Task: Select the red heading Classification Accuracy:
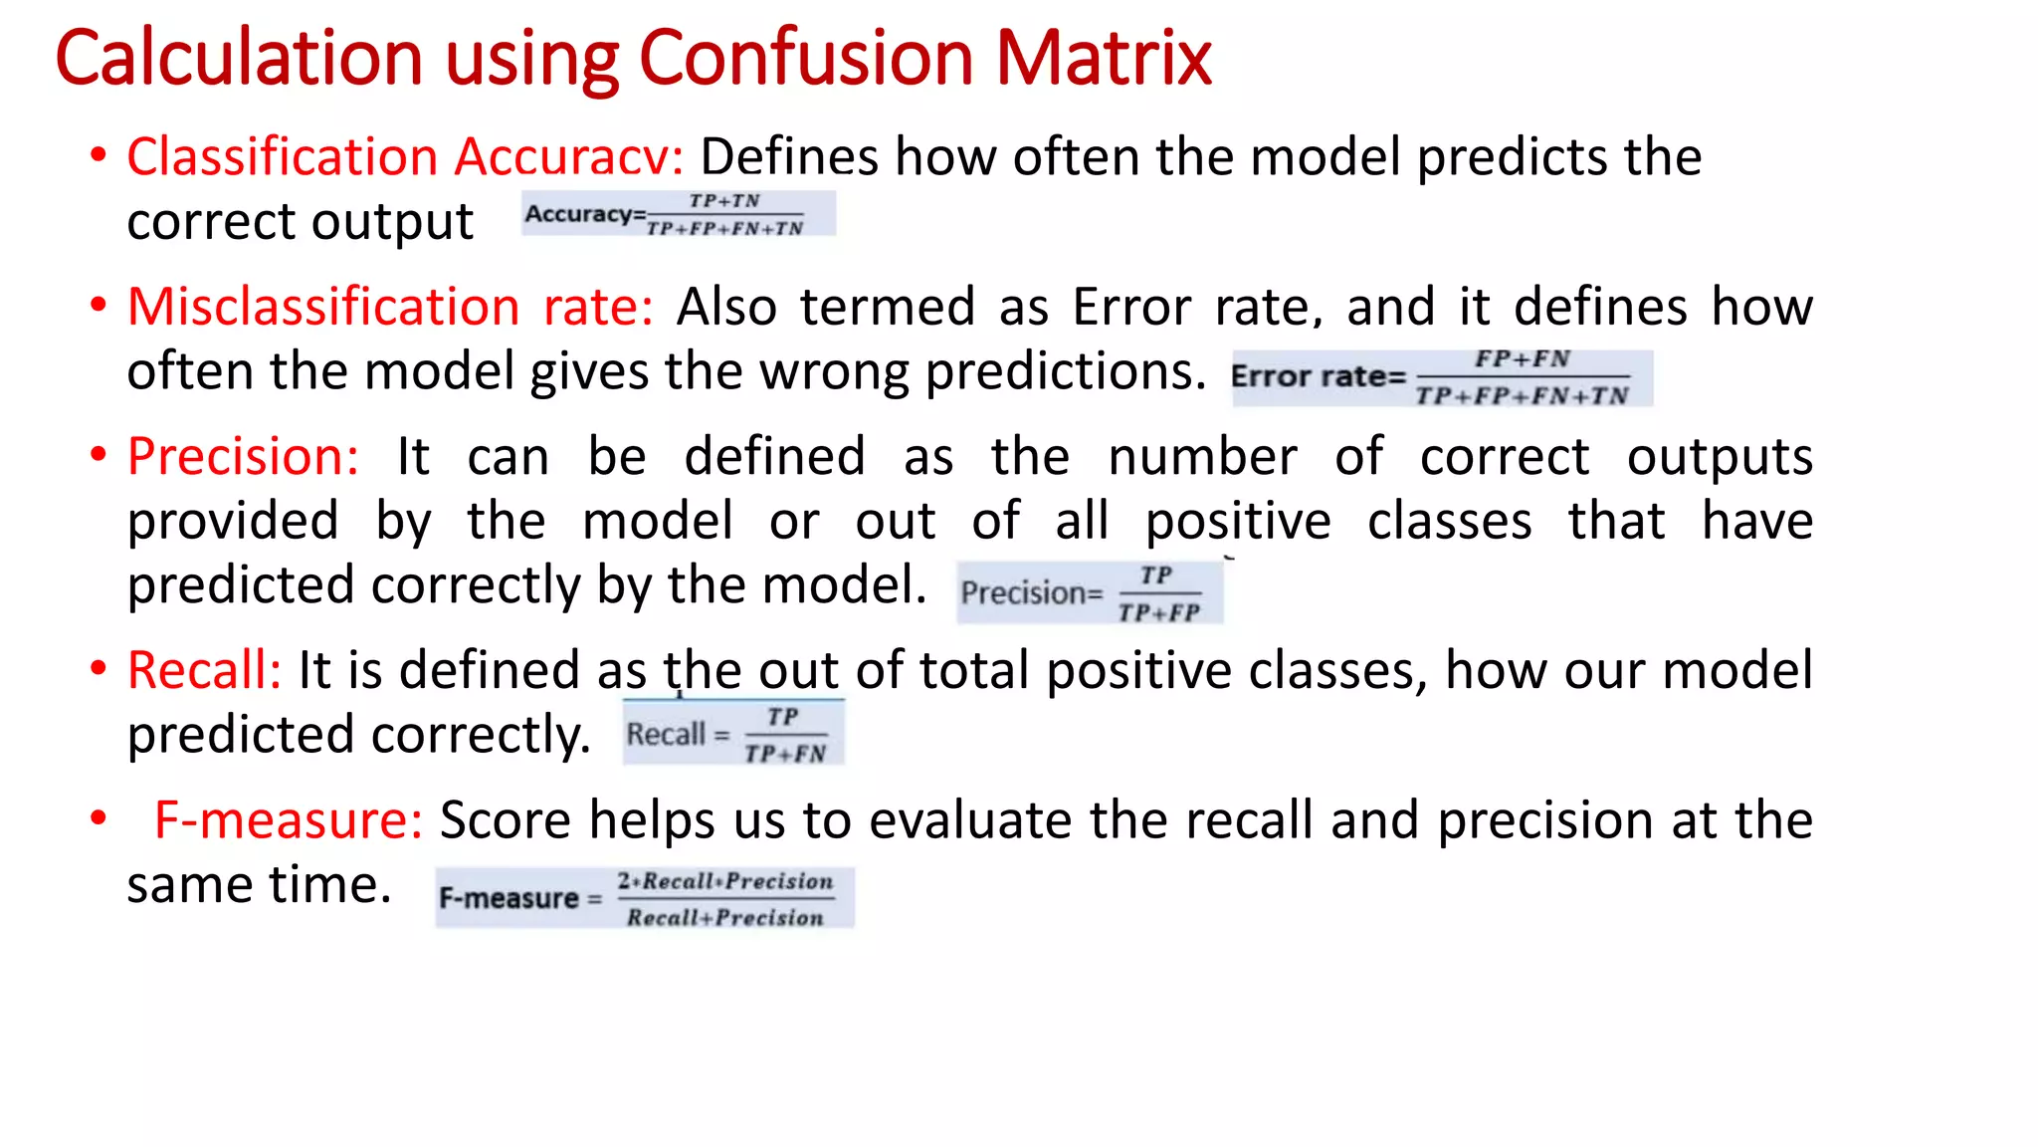[x=405, y=157]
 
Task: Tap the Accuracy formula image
[x=678, y=214]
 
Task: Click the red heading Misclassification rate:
[x=390, y=307]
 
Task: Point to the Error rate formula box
[x=1442, y=377]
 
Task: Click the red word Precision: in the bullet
[x=243, y=457]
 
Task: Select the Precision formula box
[x=1089, y=592]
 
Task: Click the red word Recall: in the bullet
[x=205, y=670]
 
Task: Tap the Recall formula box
[x=733, y=734]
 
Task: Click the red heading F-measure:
[x=289, y=820]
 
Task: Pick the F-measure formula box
[x=644, y=898]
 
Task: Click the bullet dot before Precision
[x=98, y=455]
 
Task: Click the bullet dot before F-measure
[x=98, y=818]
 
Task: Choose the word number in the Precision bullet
[x=1202, y=457]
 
